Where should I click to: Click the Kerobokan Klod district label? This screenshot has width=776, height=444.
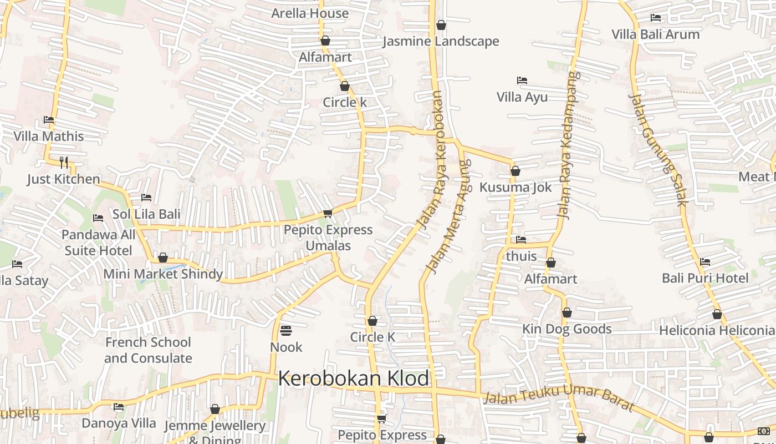354,379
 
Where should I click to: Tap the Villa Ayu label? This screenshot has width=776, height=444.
522,97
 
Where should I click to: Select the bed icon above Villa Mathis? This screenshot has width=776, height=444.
49,120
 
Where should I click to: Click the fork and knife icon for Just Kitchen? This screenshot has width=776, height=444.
64,162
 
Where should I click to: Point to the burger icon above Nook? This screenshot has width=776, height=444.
286,331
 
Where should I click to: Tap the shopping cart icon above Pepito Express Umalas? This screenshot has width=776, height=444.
328,213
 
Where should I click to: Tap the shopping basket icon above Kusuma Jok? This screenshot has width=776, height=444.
515,171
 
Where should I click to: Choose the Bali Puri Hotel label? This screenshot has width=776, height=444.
705,277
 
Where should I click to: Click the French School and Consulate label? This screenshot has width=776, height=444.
148,350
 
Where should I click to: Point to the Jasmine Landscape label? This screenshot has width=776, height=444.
441,41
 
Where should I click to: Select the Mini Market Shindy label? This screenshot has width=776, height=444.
163,274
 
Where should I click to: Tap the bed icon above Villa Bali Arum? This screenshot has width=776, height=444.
656,18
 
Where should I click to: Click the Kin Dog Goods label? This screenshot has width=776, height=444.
566,329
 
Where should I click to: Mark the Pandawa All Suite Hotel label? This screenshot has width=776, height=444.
98,243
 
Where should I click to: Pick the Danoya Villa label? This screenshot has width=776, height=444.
119,423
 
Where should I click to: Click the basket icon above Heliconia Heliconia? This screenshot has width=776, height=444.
717,315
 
